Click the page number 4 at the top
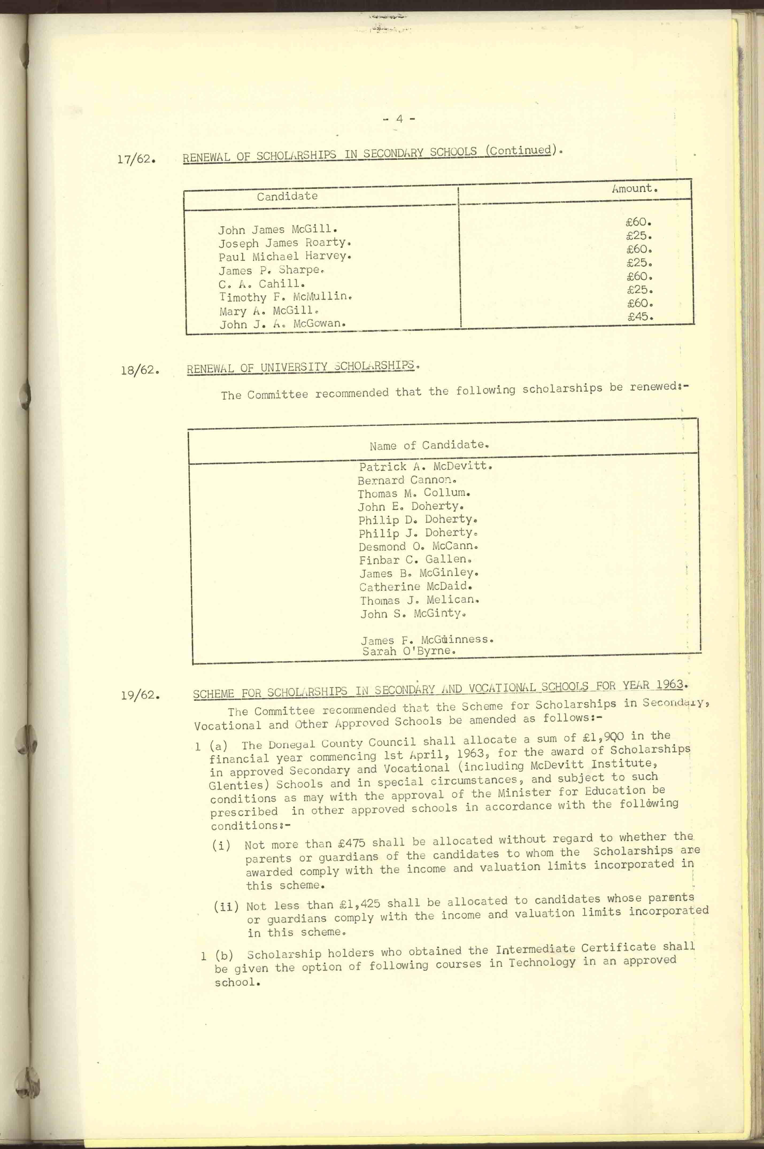[399, 118]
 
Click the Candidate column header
[287, 196]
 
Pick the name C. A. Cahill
[262, 284]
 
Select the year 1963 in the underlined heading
[669, 684]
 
